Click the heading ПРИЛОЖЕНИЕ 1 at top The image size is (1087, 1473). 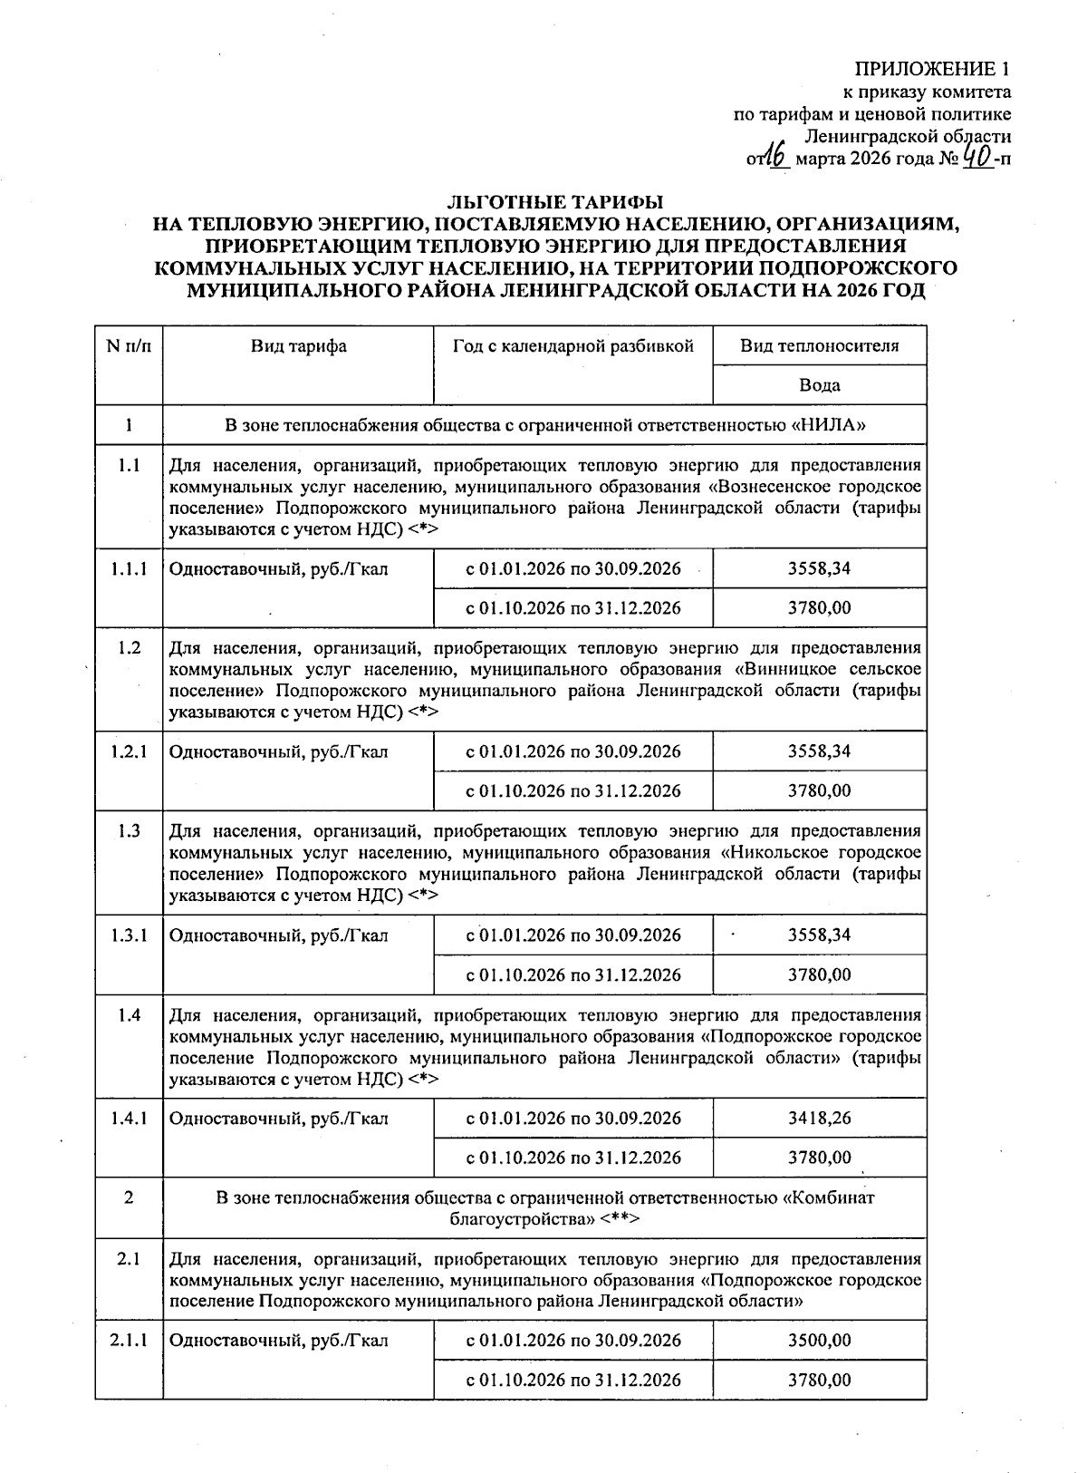pyautogui.click(x=933, y=69)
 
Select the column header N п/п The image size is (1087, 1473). pyautogui.click(x=129, y=345)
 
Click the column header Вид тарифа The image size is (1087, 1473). pyautogui.click(x=298, y=345)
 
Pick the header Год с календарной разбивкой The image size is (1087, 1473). pyautogui.click(x=572, y=345)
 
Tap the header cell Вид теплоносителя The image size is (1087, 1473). pyautogui.click(x=819, y=345)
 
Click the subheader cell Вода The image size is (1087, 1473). pyautogui.click(x=819, y=384)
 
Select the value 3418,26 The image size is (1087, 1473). pyautogui.click(x=819, y=1118)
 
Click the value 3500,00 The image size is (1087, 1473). pyautogui.click(x=819, y=1340)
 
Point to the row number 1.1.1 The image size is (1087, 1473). pyautogui.click(x=129, y=569)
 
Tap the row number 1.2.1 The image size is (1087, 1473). pyautogui.click(x=129, y=751)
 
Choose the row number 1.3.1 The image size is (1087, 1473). pyautogui.click(x=129, y=935)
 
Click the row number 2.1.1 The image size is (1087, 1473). pyautogui.click(x=129, y=1340)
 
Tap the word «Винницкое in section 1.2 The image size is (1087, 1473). pyautogui.click(x=787, y=669)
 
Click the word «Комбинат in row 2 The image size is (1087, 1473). pyautogui.click(x=828, y=1197)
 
